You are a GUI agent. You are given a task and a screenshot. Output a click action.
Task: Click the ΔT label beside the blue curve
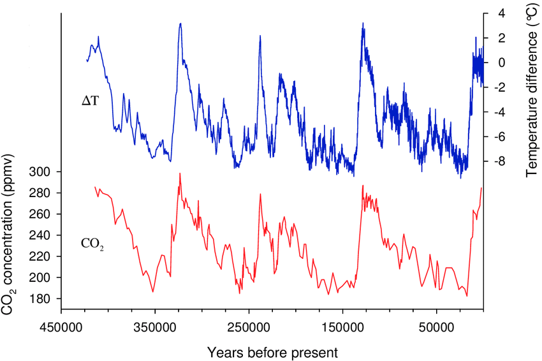coord(90,101)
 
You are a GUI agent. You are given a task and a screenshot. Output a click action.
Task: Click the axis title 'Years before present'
coord(272,351)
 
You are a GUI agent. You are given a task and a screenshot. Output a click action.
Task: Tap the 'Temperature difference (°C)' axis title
coord(532,94)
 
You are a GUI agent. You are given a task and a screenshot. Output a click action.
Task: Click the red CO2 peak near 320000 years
coord(180,173)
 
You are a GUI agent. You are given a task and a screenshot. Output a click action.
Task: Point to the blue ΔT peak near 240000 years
coord(260,36)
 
